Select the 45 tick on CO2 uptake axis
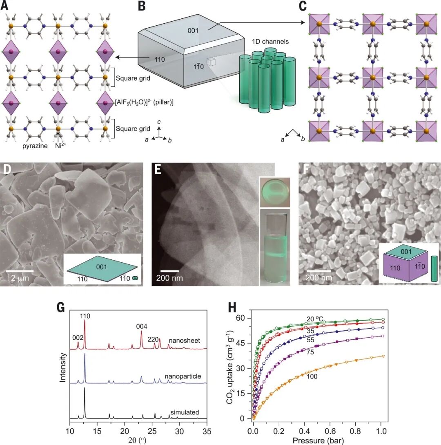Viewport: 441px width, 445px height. coord(242,343)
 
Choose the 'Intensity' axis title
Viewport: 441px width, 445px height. coord(63,367)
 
